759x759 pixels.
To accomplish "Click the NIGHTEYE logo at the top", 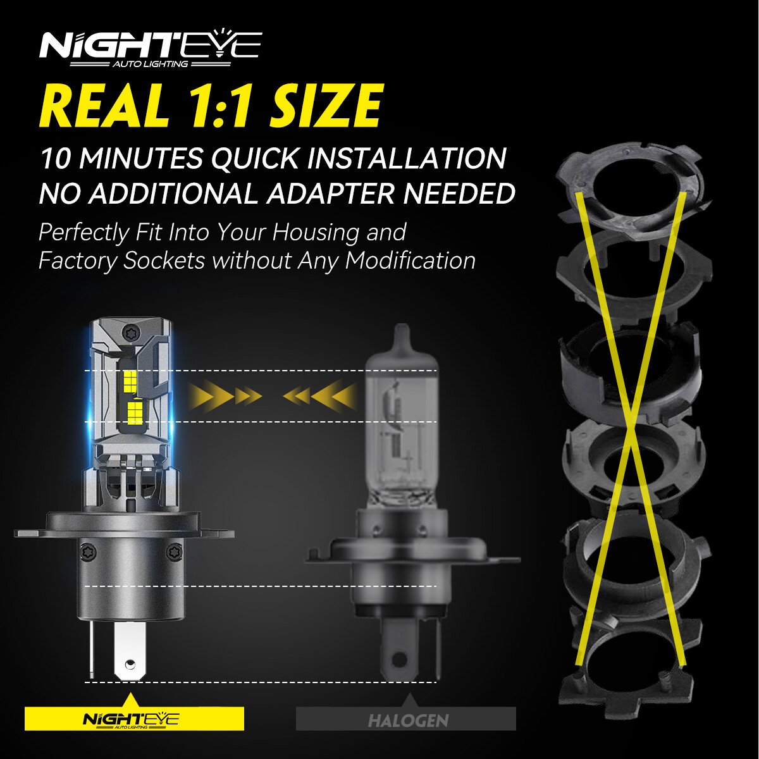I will (150, 48).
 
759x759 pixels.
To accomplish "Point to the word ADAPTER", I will (332, 194).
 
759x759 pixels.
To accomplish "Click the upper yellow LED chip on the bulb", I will (131, 380).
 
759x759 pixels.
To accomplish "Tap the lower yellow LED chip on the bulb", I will (135, 413).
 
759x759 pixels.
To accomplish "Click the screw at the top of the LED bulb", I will (132, 333).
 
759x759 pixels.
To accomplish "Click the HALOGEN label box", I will (406, 719).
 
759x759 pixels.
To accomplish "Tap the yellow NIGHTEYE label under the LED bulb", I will (134, 719).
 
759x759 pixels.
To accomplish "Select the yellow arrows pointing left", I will (319, 397).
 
